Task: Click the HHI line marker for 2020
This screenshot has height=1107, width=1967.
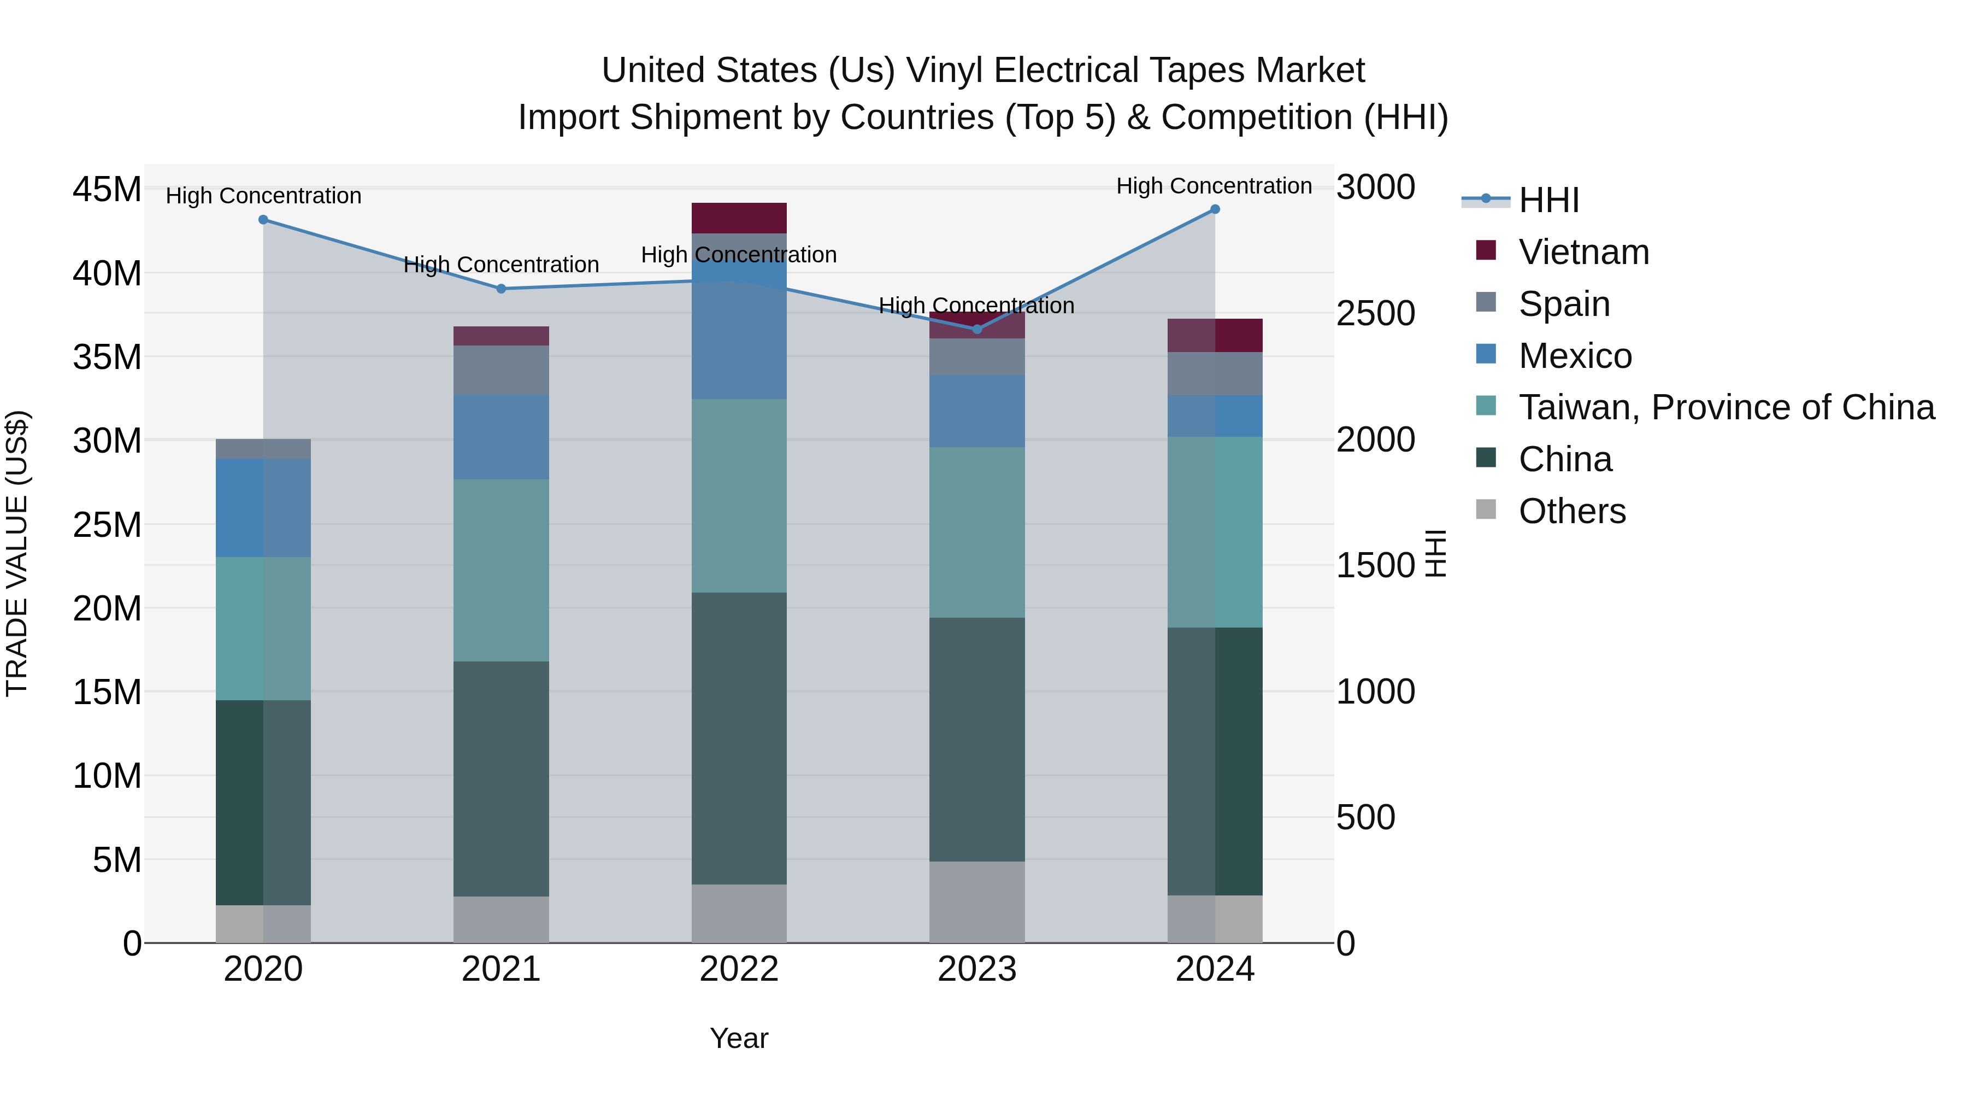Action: (263, 220)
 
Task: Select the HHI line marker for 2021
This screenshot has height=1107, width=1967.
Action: (501, 289)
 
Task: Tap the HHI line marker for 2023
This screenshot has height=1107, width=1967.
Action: (976, 329)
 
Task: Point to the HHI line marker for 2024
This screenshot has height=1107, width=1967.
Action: (1215, 209)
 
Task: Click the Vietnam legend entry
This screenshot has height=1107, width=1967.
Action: (1583, 252)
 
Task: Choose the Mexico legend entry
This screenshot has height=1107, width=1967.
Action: (1575, 356)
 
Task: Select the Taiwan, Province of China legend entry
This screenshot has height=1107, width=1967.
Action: (1725, 407)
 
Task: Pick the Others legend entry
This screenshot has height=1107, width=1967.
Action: (1571, 511)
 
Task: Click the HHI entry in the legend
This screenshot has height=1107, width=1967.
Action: (1548, 200)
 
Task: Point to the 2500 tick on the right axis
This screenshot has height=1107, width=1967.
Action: (1375, 313)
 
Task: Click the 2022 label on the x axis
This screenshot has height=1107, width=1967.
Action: (738, 969)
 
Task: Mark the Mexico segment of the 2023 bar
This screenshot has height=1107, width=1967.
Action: (976, 411)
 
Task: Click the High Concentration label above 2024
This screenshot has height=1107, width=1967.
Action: (1214, 186)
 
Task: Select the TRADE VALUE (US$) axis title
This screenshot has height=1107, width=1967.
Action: (17, 553)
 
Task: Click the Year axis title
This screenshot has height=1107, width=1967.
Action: (738, 1038)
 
